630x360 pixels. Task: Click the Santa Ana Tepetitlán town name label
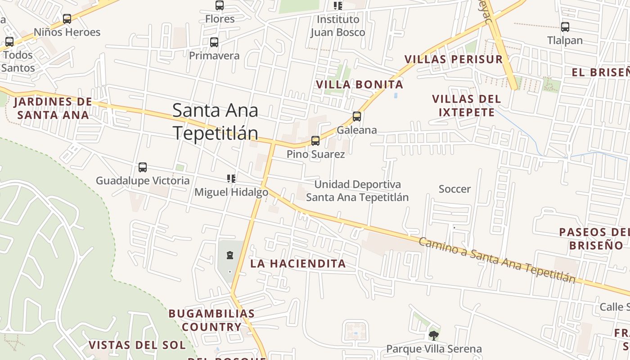point(215,121)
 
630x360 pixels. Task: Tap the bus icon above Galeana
point(357,117)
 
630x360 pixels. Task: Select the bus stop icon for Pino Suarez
point(315,141)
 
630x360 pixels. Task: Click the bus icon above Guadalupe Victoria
point(143,167)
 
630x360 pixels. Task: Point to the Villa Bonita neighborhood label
point(359,85)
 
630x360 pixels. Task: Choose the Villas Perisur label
point(453,59)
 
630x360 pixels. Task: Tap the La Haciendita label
point(298,264)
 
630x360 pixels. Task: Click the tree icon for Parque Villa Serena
point(433,335)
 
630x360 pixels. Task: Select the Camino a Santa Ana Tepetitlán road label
point(497,260)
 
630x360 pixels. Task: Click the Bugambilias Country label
point(211,320)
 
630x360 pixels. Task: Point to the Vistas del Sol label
point(137,345)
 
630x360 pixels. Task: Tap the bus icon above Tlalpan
point(565,27)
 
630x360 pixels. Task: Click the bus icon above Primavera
point(214,42)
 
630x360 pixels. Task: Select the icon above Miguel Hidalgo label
point(231,179)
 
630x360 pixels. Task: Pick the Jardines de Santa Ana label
point(53,108)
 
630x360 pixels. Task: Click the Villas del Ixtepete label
point(466,105)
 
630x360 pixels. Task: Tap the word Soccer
point(454,189)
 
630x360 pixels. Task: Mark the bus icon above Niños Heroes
point(67,19)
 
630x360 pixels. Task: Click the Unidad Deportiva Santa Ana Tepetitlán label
point(357,191)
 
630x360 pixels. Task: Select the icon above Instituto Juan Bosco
point(337,6)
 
